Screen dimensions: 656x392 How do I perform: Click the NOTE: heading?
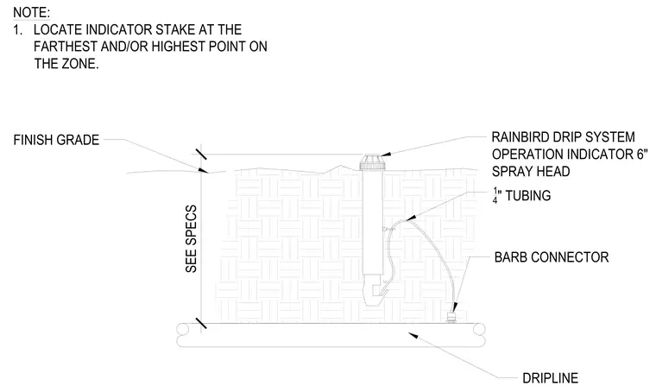[31, 13]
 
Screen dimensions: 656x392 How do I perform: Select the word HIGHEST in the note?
[178, 47]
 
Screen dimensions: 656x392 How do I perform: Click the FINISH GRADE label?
[56, 140]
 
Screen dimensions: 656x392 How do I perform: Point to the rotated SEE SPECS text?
[191, 239]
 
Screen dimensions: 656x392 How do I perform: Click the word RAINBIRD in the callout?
[519, 137]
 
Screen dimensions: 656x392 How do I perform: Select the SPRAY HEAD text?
[531, 172]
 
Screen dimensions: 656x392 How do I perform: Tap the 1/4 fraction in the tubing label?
[495, 195]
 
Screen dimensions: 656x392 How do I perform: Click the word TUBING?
[528, 195]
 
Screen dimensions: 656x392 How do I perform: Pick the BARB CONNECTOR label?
[552, 256]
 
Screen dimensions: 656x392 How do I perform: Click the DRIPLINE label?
[550, 378]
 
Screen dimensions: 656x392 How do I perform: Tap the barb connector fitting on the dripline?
[451, 318]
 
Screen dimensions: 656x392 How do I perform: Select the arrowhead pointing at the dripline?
[413, 336]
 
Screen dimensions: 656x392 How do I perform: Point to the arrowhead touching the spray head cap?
[386, 155]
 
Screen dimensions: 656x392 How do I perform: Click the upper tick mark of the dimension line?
[201, 155]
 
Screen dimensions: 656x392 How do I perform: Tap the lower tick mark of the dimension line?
[201, 323]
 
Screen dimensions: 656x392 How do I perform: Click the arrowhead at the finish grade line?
[204, 170]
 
